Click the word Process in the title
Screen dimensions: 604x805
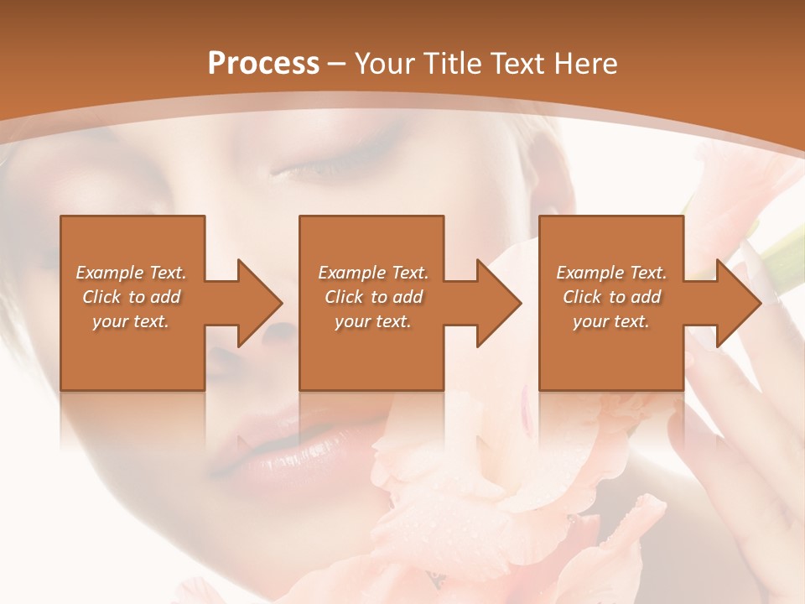[x=263, y=64]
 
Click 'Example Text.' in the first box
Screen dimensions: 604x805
[x=131, y=273]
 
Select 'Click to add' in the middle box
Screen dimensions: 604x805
[x=374, y=297]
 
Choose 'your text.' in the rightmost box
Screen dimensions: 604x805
[x=611, y=321]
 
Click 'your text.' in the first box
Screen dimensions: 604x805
[x=131, y=321]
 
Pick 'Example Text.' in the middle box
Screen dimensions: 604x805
[x=373, y=273]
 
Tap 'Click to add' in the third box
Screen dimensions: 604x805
[x=612, y=297]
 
